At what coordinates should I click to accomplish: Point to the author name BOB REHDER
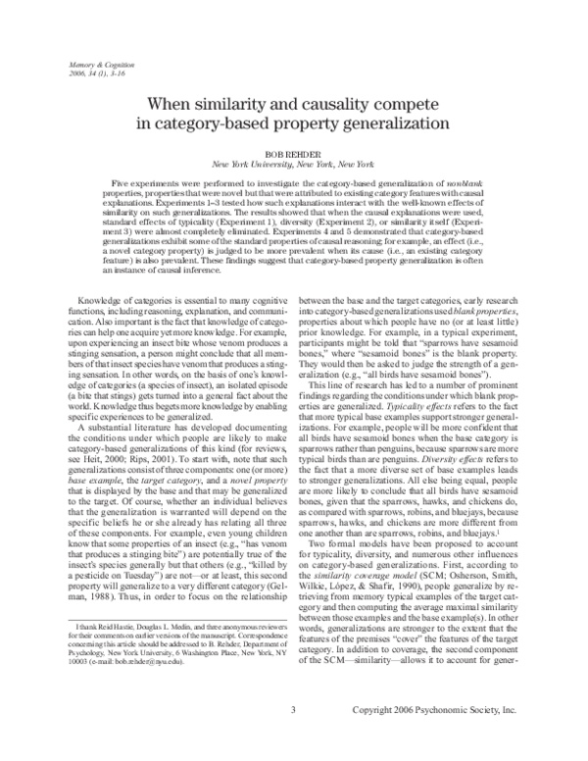click(293, 154)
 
